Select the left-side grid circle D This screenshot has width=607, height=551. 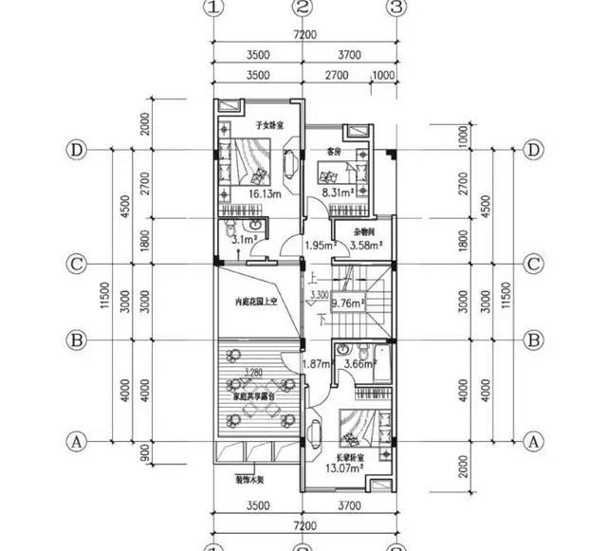click(x=75, y=151)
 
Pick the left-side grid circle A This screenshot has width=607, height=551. click(x=75, y=442)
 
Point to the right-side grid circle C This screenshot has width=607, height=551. click(x=533, y=263)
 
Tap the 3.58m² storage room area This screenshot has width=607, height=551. click(x=366, y=246)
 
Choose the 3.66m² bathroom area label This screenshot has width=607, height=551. click(x=360, y=363)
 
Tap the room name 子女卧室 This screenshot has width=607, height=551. click(x=270, y=125)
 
